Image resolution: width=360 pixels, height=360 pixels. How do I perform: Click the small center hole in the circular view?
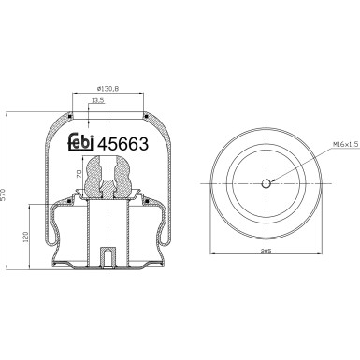point(266,183)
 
